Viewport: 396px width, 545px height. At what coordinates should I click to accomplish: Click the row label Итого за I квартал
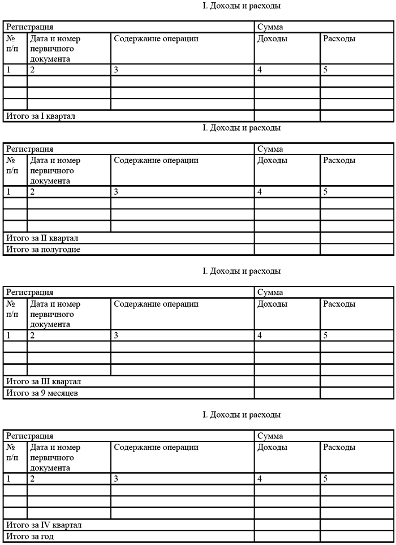(41, 116)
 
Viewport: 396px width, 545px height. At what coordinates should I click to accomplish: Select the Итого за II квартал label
(43, 238)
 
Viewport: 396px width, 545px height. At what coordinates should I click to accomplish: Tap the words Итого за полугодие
(43, 249)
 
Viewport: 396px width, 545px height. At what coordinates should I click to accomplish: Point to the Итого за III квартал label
(44, 381)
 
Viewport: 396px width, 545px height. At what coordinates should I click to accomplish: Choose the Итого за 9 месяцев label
(41, 393)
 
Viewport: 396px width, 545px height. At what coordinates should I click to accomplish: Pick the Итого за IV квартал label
(44, 525)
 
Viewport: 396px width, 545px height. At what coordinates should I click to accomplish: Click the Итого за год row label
(30, 537)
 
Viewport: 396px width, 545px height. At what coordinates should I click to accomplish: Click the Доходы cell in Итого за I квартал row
(287, 116)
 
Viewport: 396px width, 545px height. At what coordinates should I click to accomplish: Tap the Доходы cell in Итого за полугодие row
(287, 249)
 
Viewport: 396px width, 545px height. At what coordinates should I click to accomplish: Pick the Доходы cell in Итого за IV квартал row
(287, 525)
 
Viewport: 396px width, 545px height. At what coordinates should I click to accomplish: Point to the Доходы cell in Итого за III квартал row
(287, 381)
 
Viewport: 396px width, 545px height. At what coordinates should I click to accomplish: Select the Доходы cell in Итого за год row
(287, 537)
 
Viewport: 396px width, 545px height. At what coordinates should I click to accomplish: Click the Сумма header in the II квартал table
(270, 149)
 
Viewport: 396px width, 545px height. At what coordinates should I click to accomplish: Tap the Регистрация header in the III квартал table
(30, 293)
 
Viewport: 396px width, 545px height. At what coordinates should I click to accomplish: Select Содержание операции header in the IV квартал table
(156, 448)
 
